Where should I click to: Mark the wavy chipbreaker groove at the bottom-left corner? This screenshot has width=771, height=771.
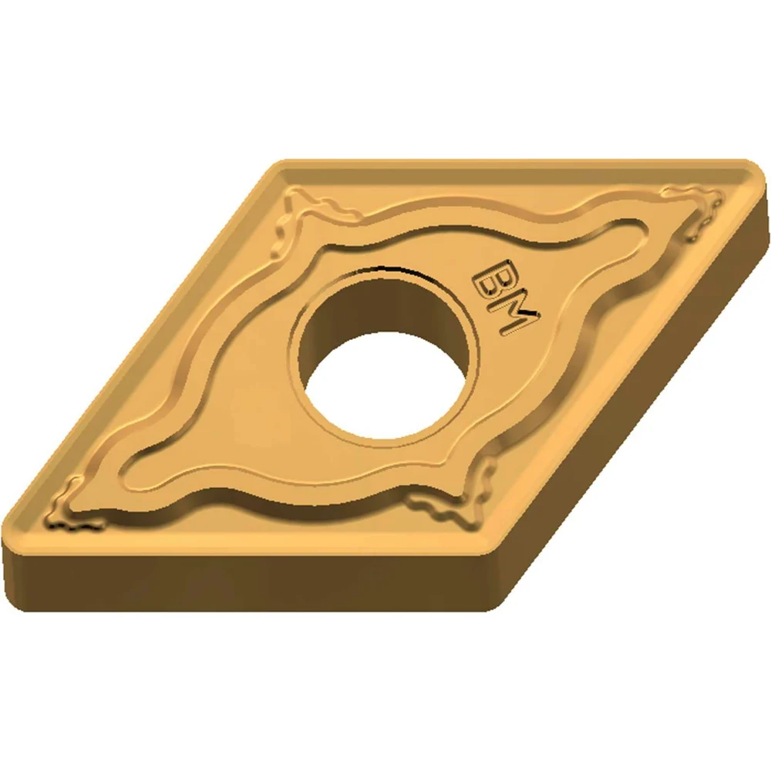point(74,507)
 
